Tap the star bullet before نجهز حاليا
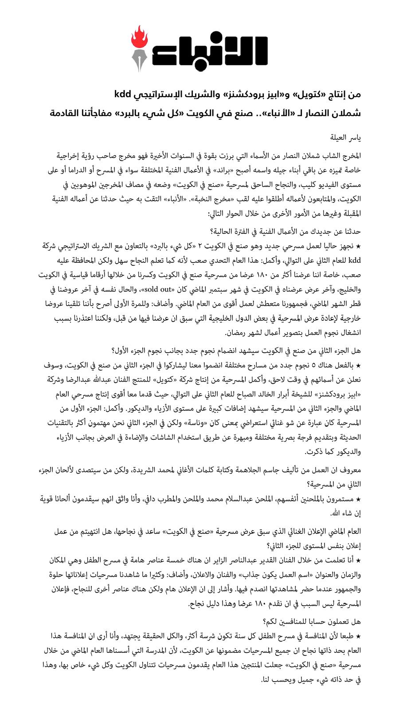[359, 245]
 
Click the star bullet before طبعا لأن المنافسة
[359, 637]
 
